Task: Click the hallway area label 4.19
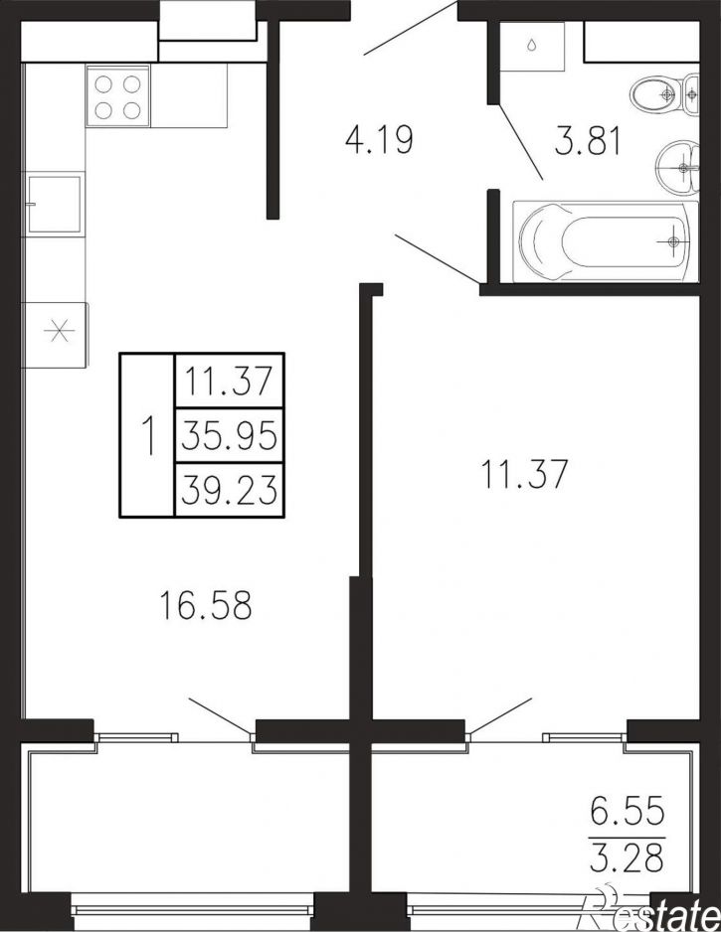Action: coord(379,141)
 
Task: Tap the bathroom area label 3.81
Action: coord(588,141)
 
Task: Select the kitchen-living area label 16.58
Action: coord(206,606)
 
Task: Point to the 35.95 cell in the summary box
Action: coord(229,436)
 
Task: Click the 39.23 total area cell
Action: coord(229,491)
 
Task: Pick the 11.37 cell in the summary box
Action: coord(229,381)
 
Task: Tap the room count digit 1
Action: coord(148,435)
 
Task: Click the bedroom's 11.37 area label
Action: coord(524,473)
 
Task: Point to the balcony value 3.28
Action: coord(627,856)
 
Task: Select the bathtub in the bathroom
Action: coord(605,241)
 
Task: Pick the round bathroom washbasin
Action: coord(678,167)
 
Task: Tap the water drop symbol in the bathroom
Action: coord(532,46)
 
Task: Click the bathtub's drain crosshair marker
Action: coord(673,241)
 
